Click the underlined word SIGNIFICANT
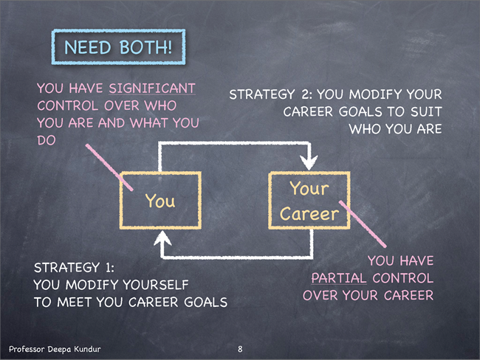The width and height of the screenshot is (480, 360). click(152, 89)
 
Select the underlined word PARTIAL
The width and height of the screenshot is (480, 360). click(339, 278)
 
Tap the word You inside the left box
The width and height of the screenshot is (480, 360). click(160, 201)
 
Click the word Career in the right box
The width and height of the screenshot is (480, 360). click(309, 213)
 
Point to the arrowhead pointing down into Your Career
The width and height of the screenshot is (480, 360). click(309, 162)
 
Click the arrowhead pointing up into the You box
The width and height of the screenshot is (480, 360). click(162, 238)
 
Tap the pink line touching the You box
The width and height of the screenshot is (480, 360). click(109, 167)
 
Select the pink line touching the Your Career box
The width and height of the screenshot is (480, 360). click(363, 224)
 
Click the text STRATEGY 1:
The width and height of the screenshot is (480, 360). click(74, 268)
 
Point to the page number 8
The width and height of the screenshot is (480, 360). click(240, 349)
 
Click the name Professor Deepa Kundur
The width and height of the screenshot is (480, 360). click(55, 349)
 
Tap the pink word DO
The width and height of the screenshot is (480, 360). click(47, 140)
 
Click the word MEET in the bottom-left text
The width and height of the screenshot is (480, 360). click(75, 302)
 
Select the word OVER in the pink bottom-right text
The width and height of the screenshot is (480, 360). click(320, 296)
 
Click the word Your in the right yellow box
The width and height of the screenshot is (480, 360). click(309, 188)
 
